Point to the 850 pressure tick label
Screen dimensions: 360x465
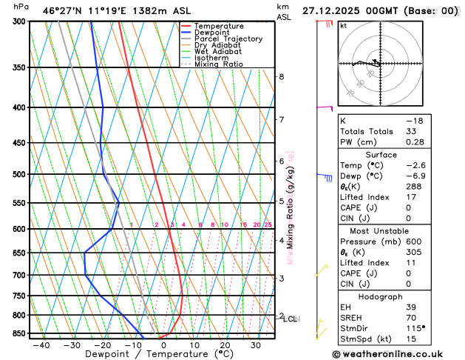[16, 334]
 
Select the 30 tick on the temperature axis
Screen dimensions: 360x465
[255, 345]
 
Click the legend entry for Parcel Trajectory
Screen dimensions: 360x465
[228, 39]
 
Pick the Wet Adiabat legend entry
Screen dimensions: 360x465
[218, 52]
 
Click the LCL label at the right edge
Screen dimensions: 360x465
[291, 319]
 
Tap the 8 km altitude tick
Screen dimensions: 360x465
[282, 77]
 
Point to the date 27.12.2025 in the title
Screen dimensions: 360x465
[330, 11]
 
